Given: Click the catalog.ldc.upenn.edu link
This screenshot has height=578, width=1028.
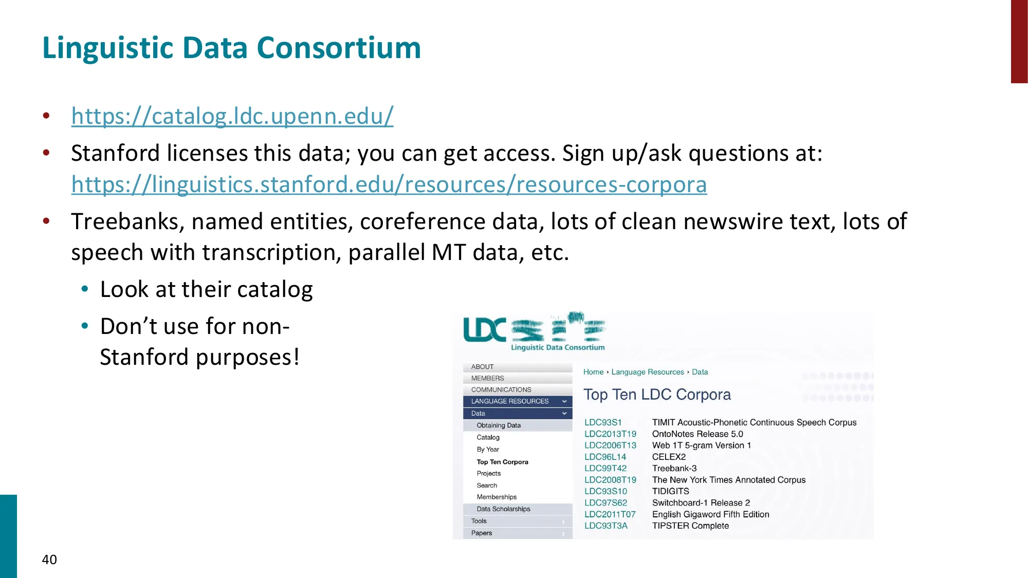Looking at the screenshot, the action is [x=232, y=116].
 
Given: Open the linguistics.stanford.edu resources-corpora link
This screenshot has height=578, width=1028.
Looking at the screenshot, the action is [x=389, y=184].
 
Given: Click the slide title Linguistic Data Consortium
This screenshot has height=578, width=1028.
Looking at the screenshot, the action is [x=231, y=48].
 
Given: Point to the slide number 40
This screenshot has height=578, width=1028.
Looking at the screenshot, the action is [x=49, y=560].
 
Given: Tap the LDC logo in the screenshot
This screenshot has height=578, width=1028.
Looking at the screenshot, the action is [x=535, y=331].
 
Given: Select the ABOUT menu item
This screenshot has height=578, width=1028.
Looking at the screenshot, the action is [x=482, y=367].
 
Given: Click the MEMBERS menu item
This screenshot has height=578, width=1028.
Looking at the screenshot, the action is [x=487, y=378].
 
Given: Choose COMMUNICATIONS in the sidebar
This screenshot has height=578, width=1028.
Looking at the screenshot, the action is [x=501, y=390].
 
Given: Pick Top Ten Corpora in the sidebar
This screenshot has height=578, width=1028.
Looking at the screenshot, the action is [x=502, y=462].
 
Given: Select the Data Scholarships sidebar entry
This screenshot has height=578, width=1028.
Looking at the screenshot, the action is [x=503, y=509].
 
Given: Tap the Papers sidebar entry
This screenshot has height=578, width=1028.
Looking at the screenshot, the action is [x=482, y=533].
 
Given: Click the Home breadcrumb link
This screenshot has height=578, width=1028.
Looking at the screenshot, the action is [x=593, y=372].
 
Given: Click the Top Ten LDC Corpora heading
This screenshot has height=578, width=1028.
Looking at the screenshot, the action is [x=657, y=395].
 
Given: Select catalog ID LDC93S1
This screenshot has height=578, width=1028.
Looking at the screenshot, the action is [x=603, y=422].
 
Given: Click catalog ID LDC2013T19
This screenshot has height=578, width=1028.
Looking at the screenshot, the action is [x=610, y=434].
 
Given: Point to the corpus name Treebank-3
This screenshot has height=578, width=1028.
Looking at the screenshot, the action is [x=674, y=469].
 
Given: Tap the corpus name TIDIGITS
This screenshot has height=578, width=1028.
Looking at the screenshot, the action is [x=671, y=491].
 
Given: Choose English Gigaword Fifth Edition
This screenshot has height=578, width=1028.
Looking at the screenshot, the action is [x=711, y=514].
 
